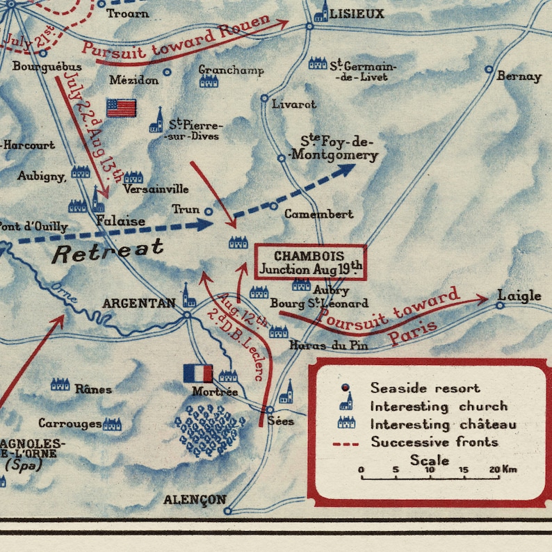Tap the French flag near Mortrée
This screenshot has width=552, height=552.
tap(197, 373)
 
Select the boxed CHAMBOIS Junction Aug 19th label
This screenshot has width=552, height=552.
tap(310, 261)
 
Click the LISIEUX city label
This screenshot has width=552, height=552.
tap(357, 14)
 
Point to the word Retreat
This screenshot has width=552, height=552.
tap(108, 250)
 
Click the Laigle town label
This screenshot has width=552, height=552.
tap(519, 296)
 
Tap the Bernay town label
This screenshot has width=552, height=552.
tap(519, 76)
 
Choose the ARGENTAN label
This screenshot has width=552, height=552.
tap(139, 303)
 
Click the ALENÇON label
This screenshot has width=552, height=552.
tap(195, 500)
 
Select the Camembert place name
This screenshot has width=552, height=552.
tap(319, 214)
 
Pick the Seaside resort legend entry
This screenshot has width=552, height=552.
tap(425, 388)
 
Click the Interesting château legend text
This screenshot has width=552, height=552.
tap(443, 424)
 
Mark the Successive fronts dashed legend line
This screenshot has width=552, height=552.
tap(346, 442)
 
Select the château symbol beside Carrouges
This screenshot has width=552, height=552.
tap(112, 423)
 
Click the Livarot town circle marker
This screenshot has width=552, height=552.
tap(264, 98)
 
